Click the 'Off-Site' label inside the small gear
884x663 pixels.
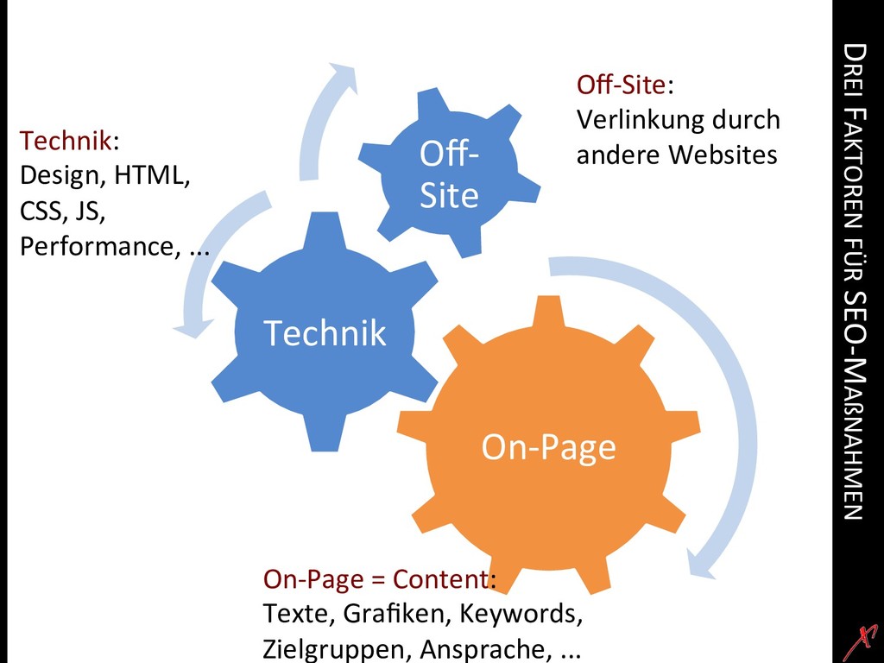[x=449, y=176]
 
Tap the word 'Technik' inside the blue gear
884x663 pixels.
[x=325, y=332]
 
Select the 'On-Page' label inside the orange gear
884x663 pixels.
[x=548, y=446]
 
